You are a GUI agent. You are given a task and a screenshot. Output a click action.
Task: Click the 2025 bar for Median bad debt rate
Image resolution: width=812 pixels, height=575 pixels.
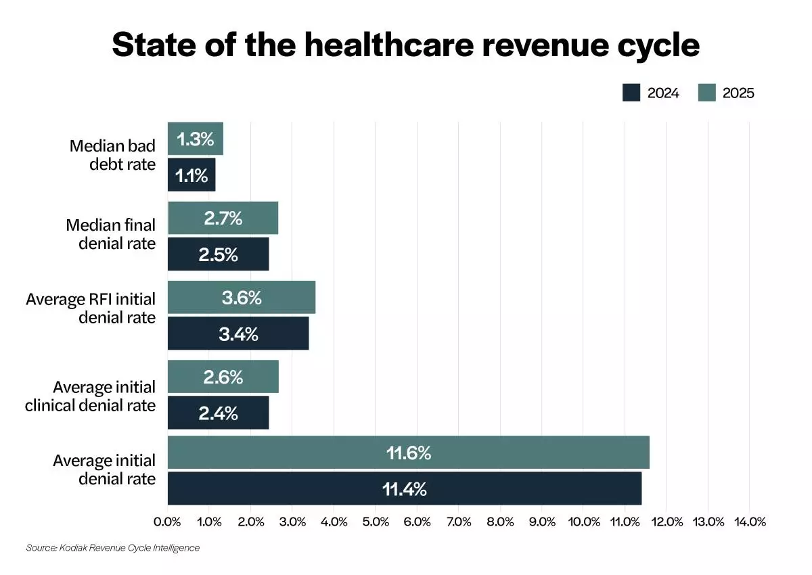click(x=196, y=139)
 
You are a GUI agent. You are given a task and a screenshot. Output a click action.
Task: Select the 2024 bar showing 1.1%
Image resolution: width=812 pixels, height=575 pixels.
click(x=191, y=175)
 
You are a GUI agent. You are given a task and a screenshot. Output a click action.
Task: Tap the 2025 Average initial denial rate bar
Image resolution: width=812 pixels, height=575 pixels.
click(x=408, y=453)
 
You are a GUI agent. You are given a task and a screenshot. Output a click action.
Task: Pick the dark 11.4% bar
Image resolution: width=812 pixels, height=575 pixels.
click(x=404, y=488)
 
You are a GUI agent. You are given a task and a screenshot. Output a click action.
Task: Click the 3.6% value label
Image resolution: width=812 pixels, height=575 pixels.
click(x=242, y=298)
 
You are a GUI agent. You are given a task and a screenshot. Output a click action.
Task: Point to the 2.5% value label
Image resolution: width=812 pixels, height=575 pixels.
click(x=218, y=254)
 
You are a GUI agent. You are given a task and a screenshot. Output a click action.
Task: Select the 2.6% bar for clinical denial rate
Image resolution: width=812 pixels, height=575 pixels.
click(x=223, y=377)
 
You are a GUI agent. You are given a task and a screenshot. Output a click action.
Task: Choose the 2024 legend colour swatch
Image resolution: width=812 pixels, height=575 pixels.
click(x=631, y=93)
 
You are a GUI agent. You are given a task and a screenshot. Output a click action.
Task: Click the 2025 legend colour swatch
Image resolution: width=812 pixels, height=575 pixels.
click(x=706, y=93)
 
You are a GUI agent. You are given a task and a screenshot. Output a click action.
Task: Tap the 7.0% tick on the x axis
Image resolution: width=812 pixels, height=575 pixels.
click(x=459, y=522)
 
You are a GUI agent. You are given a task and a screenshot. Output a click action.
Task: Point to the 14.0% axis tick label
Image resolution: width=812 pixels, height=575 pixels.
click(x=750, y=522)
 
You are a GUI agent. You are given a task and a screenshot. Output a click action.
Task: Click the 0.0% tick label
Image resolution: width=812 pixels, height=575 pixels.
click(x=167, y=522)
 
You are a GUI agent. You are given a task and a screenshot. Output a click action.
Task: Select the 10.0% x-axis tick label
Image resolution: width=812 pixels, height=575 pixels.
click(x=584, y=522)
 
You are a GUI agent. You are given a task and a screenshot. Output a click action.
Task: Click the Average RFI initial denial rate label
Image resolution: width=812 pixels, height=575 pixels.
click(x=91, y=308)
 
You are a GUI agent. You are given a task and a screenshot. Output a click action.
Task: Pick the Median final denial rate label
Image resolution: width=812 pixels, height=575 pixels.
click(x=110, y=233)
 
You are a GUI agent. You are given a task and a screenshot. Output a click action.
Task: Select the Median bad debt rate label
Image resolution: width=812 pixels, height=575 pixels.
click(x=112, y=155)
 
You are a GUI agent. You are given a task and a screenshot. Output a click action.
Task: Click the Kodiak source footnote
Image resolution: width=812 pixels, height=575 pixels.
click(x=113, y=547)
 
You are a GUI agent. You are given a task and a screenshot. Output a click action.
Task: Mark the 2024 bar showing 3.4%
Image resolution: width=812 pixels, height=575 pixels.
click(x=238, y=333)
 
